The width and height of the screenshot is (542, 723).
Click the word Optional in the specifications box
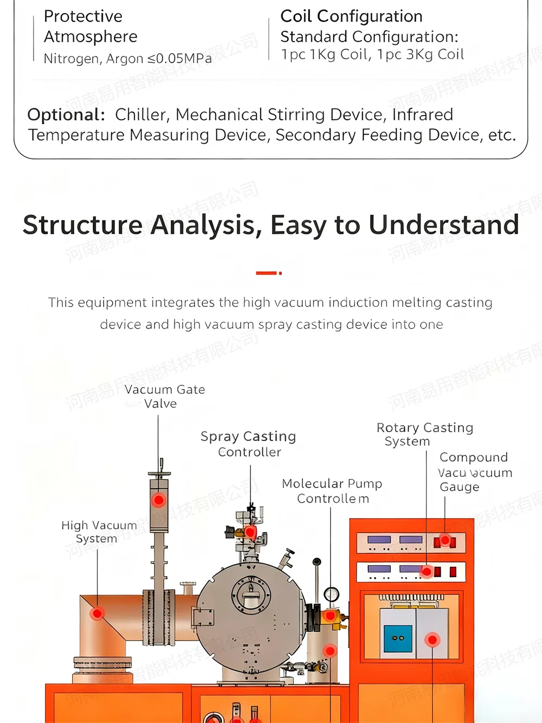(x=65, y=114)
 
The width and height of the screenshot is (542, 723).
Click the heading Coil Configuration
(x=351, y=16)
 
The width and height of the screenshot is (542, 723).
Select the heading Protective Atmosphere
(x=90, y=26)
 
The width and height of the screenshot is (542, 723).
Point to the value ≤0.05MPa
(x=179, y=59)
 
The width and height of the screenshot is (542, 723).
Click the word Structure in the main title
(x=82, y=225)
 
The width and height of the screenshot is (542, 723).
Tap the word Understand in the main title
(x=444, y=225)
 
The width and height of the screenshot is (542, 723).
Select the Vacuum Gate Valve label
(x=164, y=396)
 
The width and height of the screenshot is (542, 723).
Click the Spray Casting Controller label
(x=249, y=444)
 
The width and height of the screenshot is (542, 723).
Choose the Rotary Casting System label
(x=424, y=434)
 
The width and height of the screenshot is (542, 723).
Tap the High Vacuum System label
(x=98, y=532)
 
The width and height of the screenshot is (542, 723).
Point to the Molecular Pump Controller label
(x=332, y=491)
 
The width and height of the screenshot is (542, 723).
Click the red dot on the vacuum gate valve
(x=158, y=500)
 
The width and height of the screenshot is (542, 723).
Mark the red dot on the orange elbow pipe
(x=98, y=613)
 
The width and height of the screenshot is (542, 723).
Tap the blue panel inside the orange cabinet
(x=398, y=638)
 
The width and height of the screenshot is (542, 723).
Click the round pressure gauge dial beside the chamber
(x=331, y=594)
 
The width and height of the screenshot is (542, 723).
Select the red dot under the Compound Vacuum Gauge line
(x=445, y=540)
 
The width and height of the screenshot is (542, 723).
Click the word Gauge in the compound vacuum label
(x=460, y=487)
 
